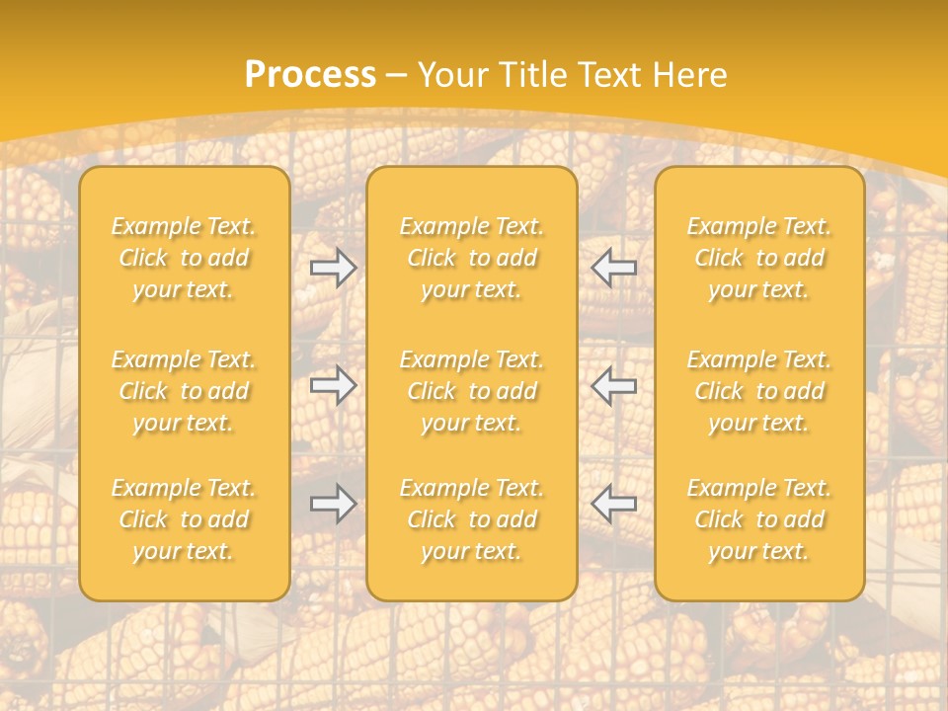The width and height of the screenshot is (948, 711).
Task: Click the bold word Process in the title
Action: [x=310, y=75]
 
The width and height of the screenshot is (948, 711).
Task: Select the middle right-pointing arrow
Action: [x=333, y=385]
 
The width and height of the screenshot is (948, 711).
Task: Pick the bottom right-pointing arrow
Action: [x=333, y=504]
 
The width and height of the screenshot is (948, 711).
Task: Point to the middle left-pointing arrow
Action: [x=614, y=385]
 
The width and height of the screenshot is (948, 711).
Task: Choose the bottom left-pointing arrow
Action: [x=614, y=504]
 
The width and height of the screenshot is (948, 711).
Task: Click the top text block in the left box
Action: [x=184, y=258]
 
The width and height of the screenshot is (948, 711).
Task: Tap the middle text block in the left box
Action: [x=184, y=391]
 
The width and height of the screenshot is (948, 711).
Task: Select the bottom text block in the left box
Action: [x=184, y=519]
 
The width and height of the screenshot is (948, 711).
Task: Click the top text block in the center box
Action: [x=471, y=258]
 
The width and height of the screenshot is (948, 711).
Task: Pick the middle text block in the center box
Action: [x=471, y=391]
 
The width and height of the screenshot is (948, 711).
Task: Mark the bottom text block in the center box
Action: [x=471, y=519]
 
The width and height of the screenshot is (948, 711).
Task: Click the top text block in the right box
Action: [x=759, y=258]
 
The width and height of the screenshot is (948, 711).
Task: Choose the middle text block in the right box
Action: [x=759, y=391]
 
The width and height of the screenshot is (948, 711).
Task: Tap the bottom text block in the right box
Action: [x=759, y=519]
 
